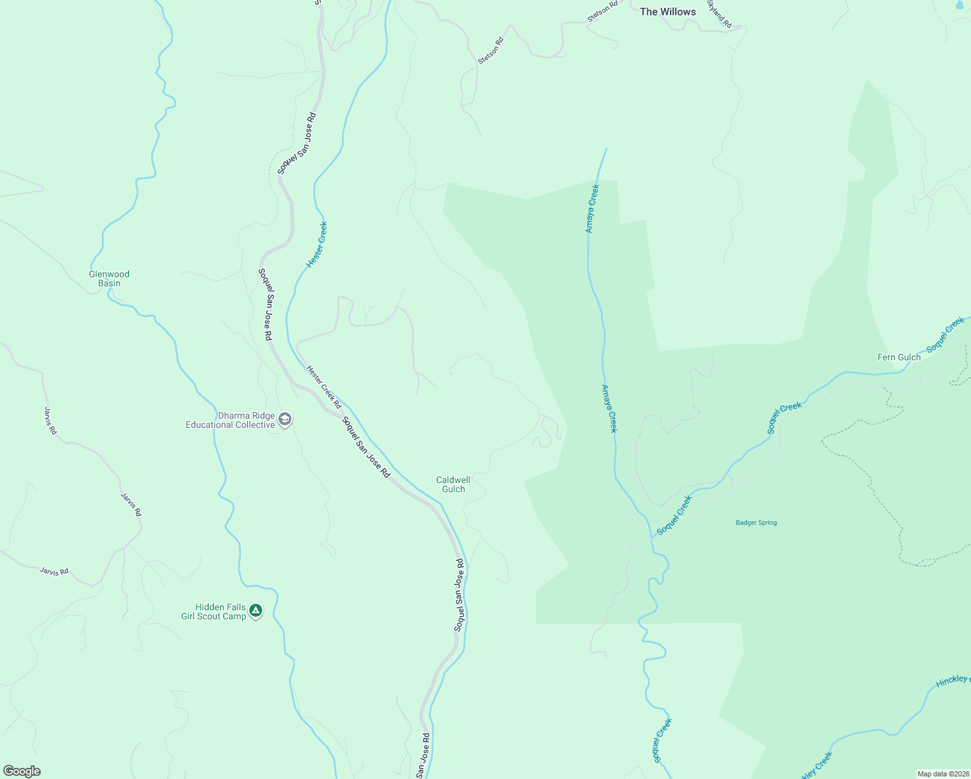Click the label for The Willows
667,12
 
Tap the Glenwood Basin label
109,278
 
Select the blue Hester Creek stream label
317,245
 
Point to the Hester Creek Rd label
324,387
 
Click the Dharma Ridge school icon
284,420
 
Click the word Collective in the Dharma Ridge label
253,425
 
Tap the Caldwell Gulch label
453,484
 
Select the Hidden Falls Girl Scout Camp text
214,612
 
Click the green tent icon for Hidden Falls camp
256,610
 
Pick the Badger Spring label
756,523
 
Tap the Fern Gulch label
899,357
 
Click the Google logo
21,771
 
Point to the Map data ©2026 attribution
942,774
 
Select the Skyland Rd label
719,15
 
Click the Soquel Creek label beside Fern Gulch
946,335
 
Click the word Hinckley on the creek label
952,680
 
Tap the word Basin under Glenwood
109,283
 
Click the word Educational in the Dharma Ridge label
208,425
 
